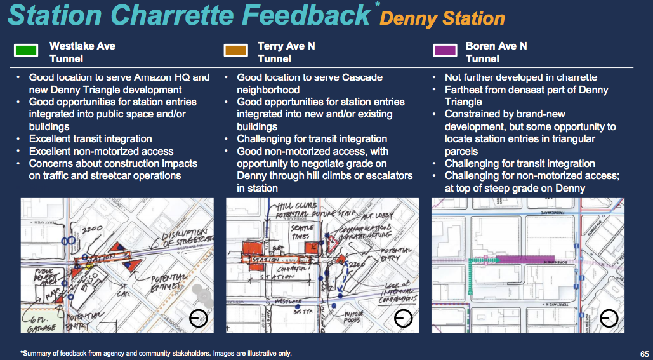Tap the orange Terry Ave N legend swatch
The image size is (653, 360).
click(235, 51)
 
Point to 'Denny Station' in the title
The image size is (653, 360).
click(442, 18)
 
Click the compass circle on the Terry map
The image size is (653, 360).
click(404, 318)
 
